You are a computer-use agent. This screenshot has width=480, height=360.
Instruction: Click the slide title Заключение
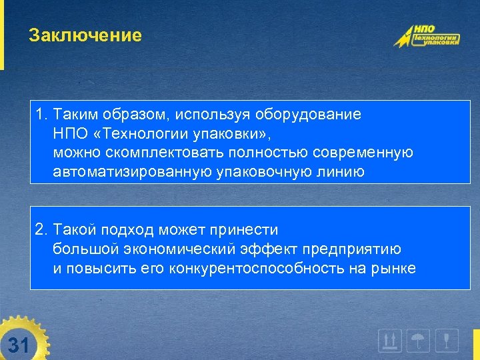pos(85,35)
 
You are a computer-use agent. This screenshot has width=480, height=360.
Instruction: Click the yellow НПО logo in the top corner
pos(426,36)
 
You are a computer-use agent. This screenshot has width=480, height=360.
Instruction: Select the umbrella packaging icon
pos(419,341)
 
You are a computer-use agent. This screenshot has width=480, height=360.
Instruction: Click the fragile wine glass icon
pos(447,341)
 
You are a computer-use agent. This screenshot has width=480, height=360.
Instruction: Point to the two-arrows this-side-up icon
pos(390,341)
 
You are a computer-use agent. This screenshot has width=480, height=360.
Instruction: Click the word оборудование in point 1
pos(314,114)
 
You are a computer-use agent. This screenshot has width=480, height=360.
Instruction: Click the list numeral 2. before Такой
pos(41,230)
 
